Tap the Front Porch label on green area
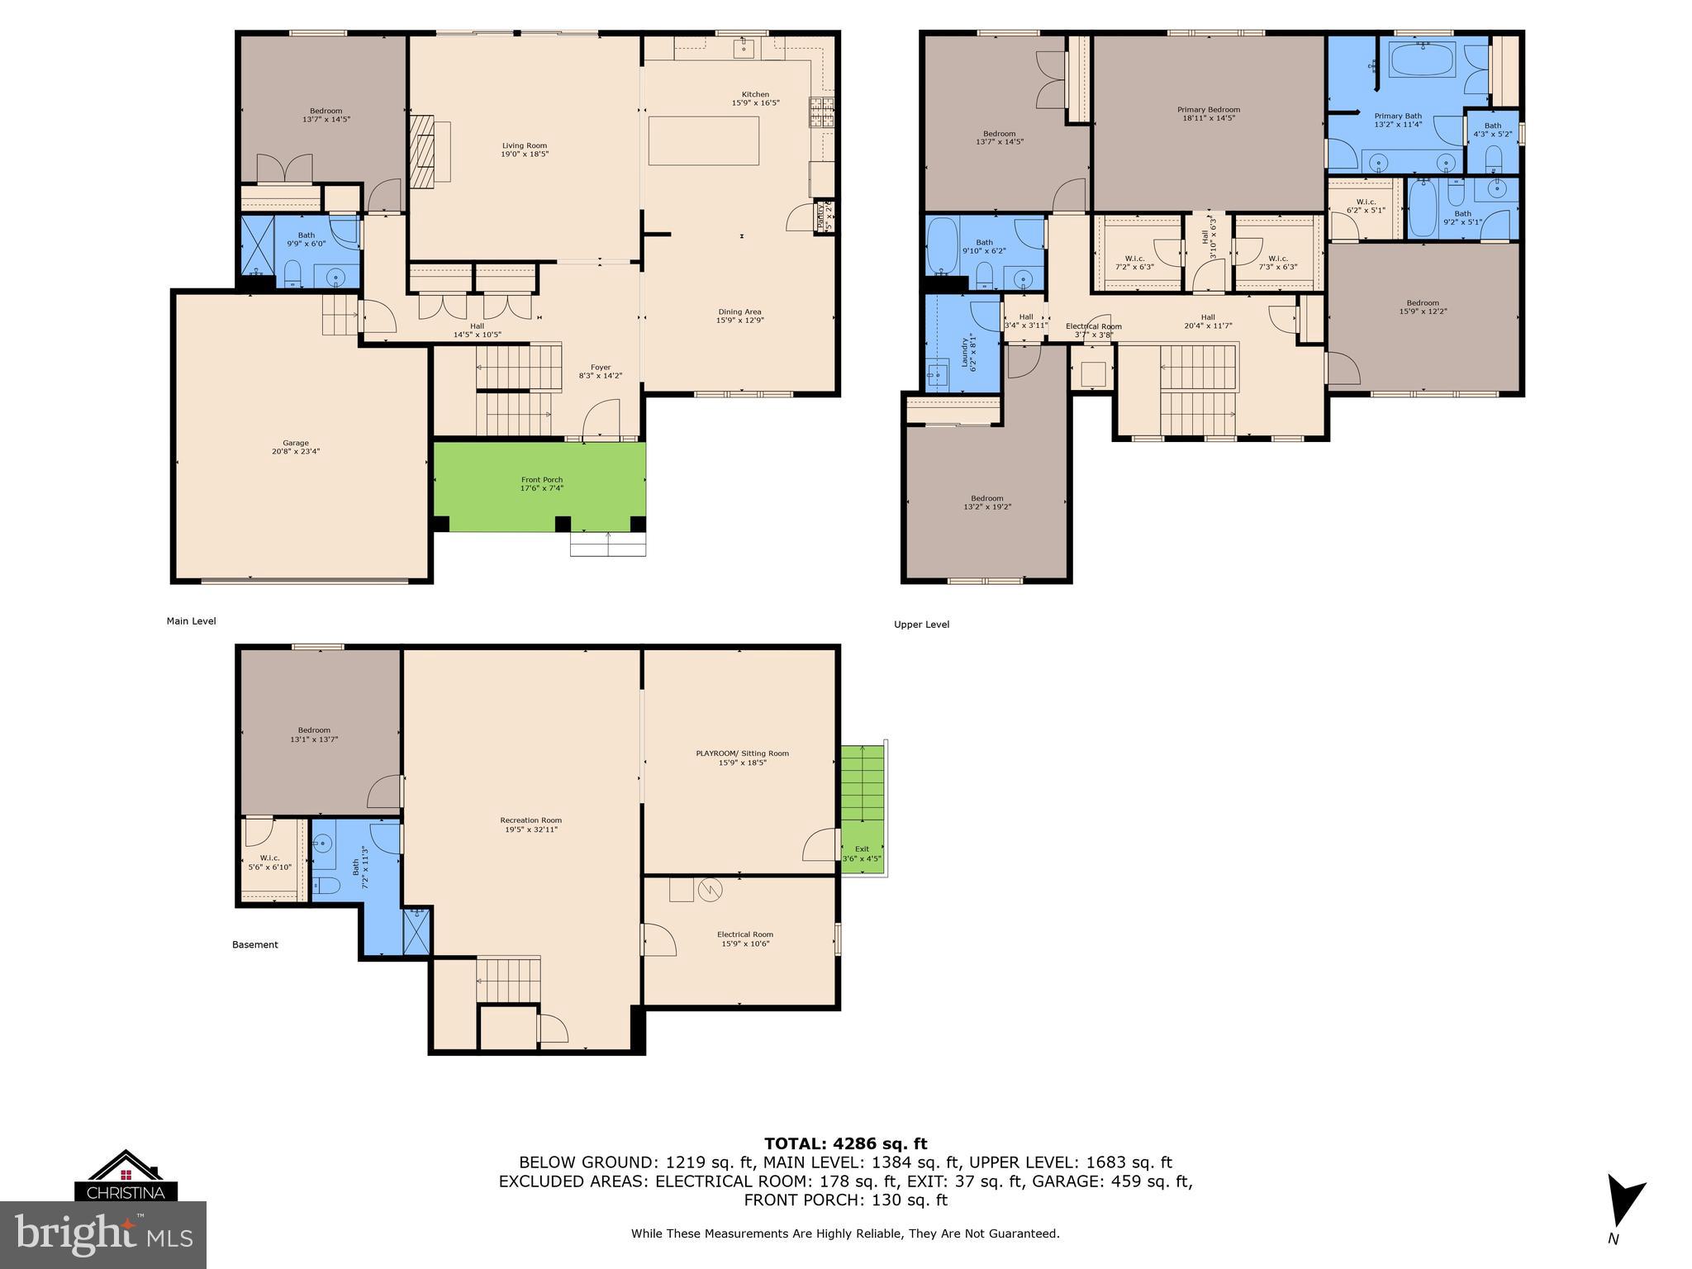542,483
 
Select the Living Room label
525,150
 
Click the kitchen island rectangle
703,140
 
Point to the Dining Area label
740,316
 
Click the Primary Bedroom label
1208,113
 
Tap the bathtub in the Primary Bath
1423,60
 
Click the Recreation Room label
530,825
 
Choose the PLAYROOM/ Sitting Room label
742,758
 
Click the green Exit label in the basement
862,853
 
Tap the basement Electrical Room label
744,939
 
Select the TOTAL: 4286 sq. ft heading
845,1144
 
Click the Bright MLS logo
102,1234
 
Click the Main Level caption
191,621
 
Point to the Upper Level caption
921,625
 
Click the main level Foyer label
601,372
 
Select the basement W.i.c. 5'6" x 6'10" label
269,863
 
